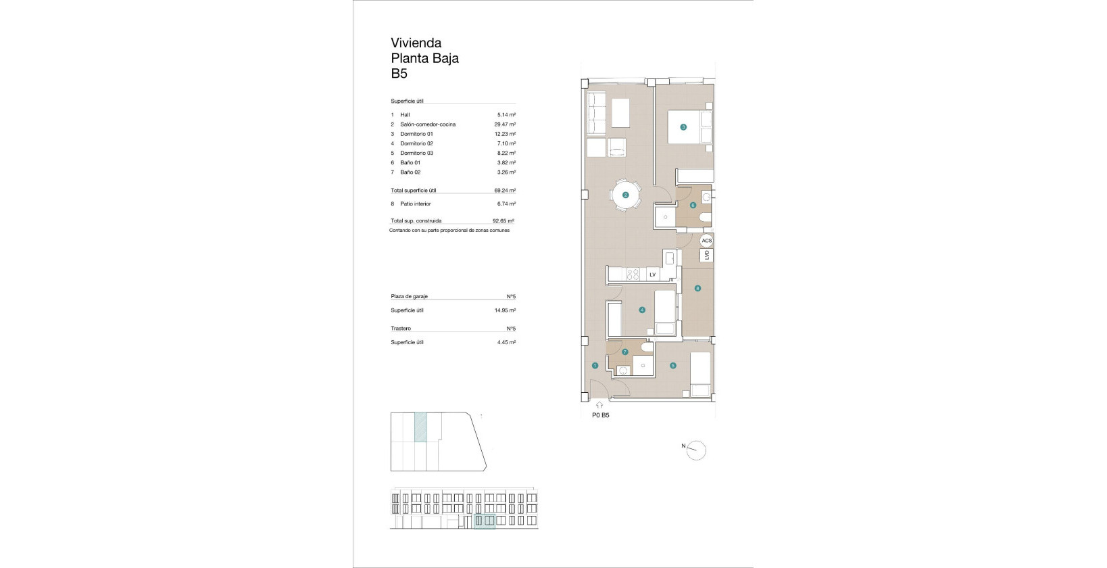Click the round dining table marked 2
(625, 195)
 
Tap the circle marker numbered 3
(683, 127)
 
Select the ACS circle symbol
(707, 241)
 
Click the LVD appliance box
(707, 255)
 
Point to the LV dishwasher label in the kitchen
(652, 275)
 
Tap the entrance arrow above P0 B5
(599, 405)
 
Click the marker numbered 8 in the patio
(698, 288)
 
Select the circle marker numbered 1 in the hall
(595, 366)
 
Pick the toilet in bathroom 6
(706, 218)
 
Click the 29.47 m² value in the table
(505, 124)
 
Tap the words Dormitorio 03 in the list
(416, 153)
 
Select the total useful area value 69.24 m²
(505, 190)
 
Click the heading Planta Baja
(425, 58)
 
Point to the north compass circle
(696, 450)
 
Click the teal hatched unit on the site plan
(420, 427)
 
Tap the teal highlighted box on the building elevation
(485, 521)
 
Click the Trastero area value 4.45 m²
(507, 342)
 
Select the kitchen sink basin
(670, 258)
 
